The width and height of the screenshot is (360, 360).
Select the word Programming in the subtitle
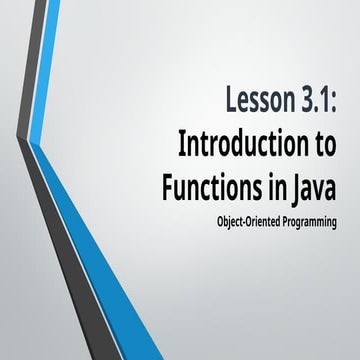click(304, 219)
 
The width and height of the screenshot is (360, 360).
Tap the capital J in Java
click(299, 187)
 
